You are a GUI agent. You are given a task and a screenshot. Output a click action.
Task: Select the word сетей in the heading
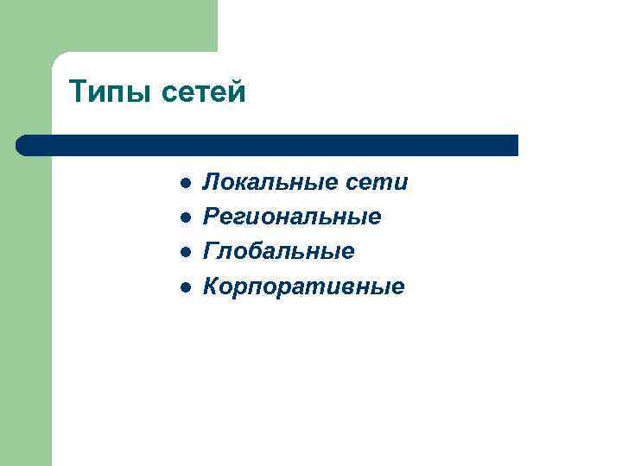[x=203, y=92]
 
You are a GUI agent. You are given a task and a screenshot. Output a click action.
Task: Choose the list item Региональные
[x=292, y=217]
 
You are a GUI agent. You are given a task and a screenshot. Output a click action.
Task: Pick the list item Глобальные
[x=278, y=252]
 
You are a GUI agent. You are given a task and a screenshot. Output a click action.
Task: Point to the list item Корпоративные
[x=302, y=287]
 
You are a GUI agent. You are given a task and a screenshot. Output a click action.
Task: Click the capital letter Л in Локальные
[x=210, y=183]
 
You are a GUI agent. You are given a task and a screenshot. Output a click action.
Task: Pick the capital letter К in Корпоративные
[x=211, y=287]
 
